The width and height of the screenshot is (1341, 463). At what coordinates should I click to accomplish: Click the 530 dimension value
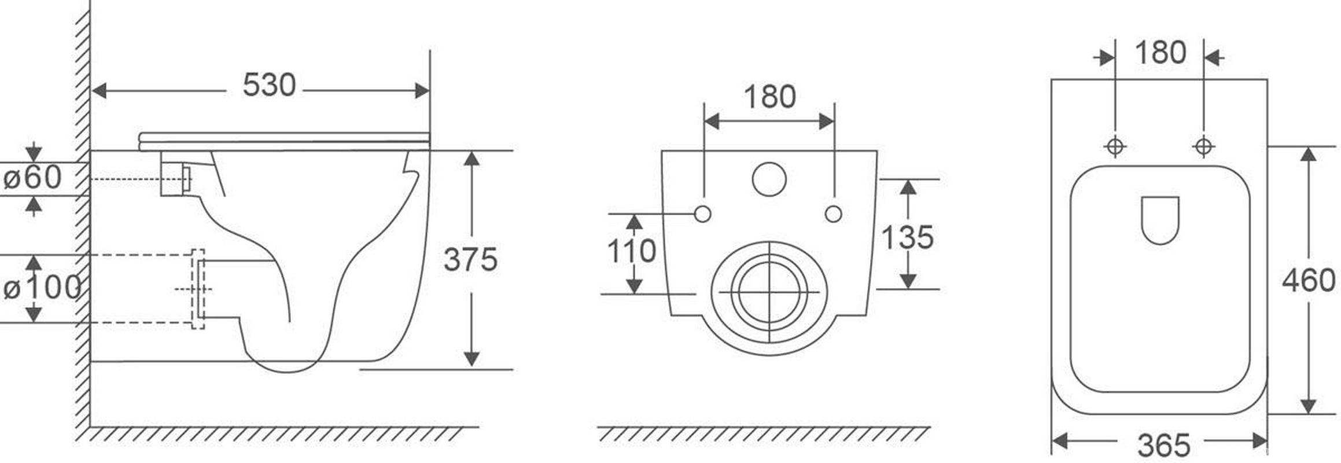tap(269, 85)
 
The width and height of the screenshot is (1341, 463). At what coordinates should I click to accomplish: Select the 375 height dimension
tap(470, 259)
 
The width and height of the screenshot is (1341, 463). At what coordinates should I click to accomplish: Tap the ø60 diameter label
tap(32, 177)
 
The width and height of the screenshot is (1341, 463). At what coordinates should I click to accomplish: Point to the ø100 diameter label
tap(42, 288)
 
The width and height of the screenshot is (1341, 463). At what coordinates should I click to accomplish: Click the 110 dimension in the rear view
tap(631, 251)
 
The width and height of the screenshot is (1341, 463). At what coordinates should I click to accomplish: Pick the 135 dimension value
tap(907, 237)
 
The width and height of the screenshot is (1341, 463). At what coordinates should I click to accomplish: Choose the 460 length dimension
tap(1309, 281)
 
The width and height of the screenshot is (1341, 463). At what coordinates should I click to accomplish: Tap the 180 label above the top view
tap(1161, 53)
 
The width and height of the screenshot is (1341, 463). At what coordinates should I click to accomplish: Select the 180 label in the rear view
tap(769, 97)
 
